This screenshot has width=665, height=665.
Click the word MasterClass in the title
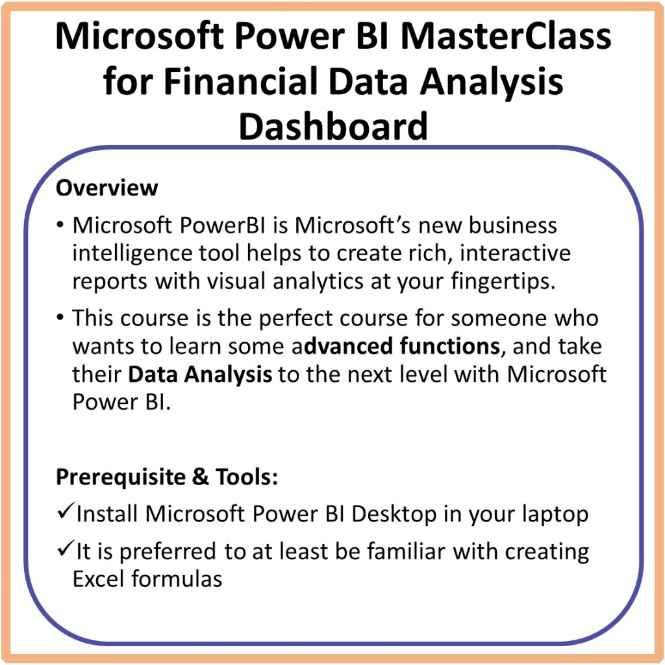(x=505, y=36)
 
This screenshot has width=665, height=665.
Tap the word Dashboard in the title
(x=333, y=126)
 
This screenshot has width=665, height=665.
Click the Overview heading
(x=107, y=188)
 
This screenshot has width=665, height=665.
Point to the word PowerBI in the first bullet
(x=222, y=225)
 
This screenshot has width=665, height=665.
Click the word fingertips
(x=503, y=282)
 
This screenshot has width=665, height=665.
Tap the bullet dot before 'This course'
(x=60, y=318)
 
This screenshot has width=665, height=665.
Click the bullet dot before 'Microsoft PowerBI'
(x=60, y=225)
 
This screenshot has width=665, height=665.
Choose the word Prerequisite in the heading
(x=121, y=477)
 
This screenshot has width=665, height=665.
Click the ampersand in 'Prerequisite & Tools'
(x=200, y=477)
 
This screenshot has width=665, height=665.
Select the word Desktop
(x=394, y=515)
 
